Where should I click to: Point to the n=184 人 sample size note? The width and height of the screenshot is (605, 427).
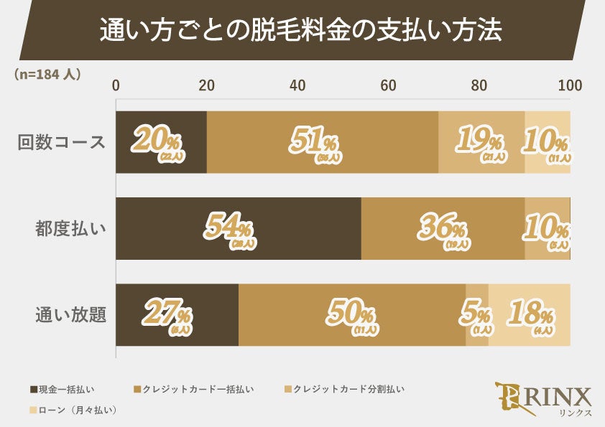[x=47, y=73]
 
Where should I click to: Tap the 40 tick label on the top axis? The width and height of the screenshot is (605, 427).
[x=297, y=85]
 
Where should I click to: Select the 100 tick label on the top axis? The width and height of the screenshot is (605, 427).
[x=570, y=85]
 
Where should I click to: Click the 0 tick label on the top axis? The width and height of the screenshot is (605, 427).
[x=116, y=85]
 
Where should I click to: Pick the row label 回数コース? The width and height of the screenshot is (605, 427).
[x=62, y=142]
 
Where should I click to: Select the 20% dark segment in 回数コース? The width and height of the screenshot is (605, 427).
[x=161, y=142]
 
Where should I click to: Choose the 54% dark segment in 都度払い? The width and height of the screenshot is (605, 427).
[x=238, y=228]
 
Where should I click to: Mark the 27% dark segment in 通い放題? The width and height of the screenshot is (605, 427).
[x=177, y=314]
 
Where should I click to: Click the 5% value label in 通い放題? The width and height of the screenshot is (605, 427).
[x=476, y=316]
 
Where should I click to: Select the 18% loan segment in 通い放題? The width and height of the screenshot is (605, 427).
[x=530, y=314]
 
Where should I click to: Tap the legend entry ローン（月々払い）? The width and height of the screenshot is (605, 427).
[x=73, y=410]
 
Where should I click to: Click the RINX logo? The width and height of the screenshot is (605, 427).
[x=544, y=400]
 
